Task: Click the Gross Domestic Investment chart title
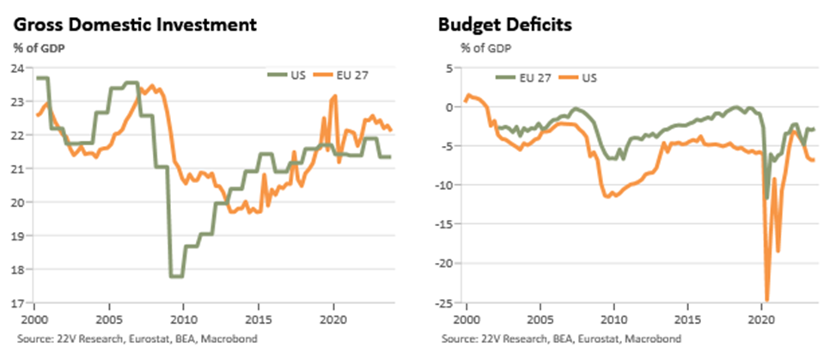[x=136, y=25]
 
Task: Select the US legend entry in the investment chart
[x=286, y=75]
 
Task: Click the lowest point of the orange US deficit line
[x=767, y=300]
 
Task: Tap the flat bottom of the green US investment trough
[x=176, y=277]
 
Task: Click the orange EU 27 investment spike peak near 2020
[x=335, y=96]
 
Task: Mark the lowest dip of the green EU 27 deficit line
[x=767, y=198]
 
